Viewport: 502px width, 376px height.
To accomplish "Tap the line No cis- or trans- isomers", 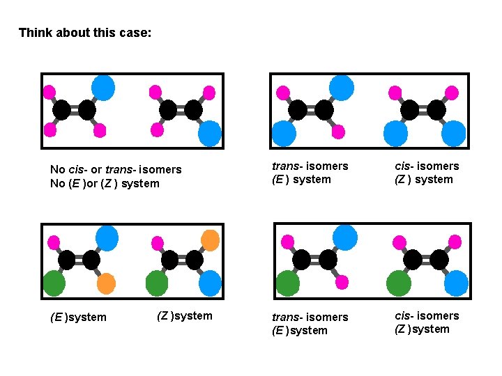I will [116, 169].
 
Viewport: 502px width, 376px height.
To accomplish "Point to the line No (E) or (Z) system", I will [105, 184].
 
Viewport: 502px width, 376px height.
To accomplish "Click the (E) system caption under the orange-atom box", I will [79, 318].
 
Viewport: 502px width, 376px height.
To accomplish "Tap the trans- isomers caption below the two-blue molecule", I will [310, 166].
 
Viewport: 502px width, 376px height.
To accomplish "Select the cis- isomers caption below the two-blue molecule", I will [427, 166].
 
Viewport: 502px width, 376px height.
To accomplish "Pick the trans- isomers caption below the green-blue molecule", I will [310, 317].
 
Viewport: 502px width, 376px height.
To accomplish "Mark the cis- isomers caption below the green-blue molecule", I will [427, 316].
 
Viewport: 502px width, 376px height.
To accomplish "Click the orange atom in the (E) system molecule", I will [105, 283].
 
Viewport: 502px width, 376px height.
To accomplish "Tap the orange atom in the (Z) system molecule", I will [210, 240].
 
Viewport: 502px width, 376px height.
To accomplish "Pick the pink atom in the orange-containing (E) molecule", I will [54, 242].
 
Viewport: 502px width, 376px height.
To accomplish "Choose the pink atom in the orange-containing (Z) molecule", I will [158, 242].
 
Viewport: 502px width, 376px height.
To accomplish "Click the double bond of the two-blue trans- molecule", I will [311, 110].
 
